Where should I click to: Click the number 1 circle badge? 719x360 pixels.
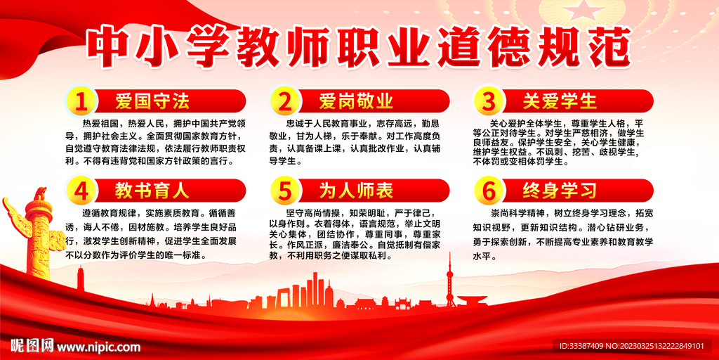pos(82,101)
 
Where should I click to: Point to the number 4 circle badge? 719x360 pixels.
pos(82,191)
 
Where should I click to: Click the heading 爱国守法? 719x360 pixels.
pos(152,101)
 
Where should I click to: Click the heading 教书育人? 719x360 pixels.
pos(152,191)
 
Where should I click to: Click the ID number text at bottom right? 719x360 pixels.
pos(630,346)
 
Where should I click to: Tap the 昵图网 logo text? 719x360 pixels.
pos(32,345)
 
